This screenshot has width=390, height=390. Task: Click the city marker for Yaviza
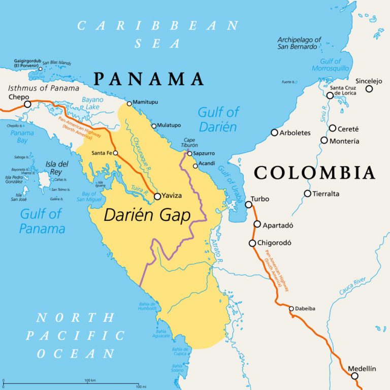click(x=157, y=196)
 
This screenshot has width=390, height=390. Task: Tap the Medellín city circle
click(x=354, y=376)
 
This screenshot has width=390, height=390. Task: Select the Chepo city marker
click(x=27, y=105)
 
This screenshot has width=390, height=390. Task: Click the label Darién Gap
click(x=147, y=215)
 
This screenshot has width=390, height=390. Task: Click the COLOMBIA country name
click(x=314, y=173)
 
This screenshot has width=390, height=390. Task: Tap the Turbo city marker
click(x=249, y=205)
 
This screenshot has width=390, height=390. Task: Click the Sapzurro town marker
click(x=189, y=153)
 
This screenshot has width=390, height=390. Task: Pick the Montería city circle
click(x=324, y=140)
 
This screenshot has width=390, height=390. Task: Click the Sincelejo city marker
click(x=369, y=89)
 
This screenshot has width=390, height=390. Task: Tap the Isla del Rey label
click(x=57, y=168)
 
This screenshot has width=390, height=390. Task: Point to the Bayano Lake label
click(x=93, y=103)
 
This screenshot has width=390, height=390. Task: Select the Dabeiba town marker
click(x=291, y=309)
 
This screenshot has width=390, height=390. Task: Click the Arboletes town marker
click(x=274, y=133)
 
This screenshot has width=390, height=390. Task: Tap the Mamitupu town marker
click(x=129, y=104)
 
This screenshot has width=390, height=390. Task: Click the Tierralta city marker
click(x=307, y=193)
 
